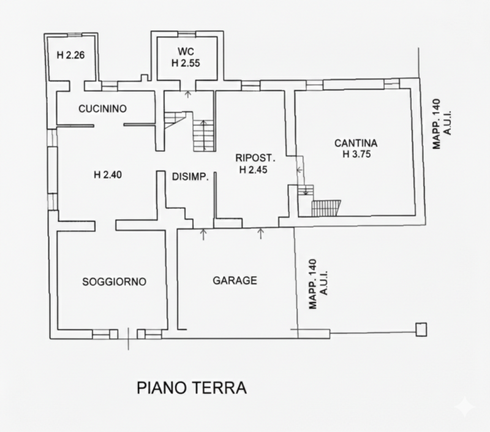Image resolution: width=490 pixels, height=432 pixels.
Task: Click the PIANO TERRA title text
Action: [191, 388]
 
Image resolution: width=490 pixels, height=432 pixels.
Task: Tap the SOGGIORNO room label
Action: [114, 282]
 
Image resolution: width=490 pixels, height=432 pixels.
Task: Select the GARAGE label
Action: [235, 281]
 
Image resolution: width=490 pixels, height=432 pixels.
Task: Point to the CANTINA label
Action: [356, 143]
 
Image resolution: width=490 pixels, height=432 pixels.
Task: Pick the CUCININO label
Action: [102, 109]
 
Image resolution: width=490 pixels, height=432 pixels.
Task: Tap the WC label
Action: [186, 51]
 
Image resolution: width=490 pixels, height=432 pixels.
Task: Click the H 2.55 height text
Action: [186, 62]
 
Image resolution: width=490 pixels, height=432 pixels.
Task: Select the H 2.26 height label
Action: [70, 55]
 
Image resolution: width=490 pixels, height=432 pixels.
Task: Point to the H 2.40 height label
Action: [108, 175]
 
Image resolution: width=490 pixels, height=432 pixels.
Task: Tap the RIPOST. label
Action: [252, 157]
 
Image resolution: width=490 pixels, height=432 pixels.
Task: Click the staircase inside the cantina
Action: [325, 208]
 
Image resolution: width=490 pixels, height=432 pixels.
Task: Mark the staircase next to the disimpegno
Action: [203, 135]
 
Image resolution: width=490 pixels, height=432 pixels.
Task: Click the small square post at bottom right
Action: [421, 330]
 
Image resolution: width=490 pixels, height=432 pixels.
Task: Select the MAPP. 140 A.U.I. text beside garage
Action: [317, 284]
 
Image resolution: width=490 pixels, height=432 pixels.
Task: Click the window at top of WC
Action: [186, 33]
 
